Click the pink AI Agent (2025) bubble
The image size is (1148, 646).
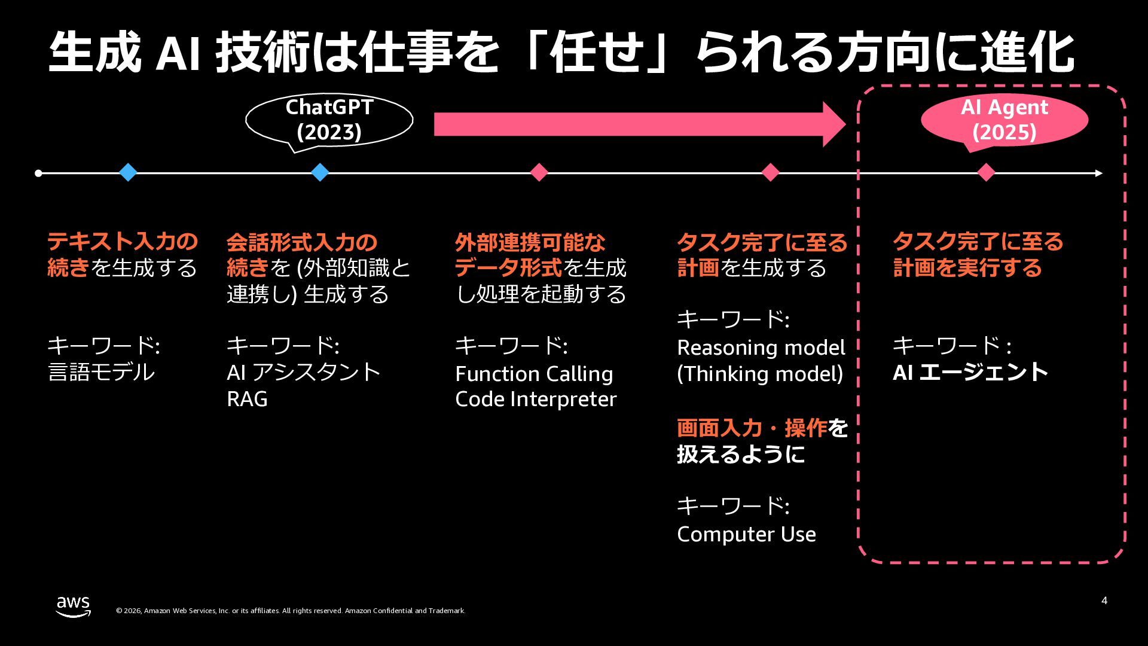[1004, 120]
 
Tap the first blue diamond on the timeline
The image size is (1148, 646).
[128, 172]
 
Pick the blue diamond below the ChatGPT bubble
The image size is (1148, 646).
[320, 172]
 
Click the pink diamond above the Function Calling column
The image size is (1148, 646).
[539, 172]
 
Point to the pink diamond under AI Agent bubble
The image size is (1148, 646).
[985, 172]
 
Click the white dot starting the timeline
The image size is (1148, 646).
[38, 173]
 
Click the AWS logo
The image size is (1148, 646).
[74, 606]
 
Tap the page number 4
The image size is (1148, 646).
[1104, 601]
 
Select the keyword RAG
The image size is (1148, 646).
[247, 399]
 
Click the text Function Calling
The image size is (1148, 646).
[534, 374]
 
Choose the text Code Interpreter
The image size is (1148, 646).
[536, 399]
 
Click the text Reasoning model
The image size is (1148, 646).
[761, 348]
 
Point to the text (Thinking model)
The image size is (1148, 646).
[760, 374]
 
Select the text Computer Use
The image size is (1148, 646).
[746, 534]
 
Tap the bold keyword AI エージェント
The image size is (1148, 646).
[970, 372]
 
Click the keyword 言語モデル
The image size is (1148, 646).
[101, 372]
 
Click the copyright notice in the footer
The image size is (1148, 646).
[291, 611]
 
